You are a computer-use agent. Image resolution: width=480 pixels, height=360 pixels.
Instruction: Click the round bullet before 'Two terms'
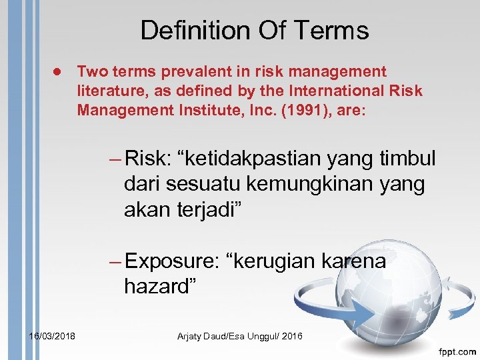[x=58, y=71]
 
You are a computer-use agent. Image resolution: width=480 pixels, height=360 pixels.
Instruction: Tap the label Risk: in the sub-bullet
[x=150, y=159]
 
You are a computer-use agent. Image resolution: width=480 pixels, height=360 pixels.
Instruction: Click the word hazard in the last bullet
[x=157, y=287]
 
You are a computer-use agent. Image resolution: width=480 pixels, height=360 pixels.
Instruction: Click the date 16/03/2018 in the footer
[x=52, y=336]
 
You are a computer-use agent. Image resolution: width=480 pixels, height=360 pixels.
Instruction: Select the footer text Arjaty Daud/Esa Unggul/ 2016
[x=240, y=336]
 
